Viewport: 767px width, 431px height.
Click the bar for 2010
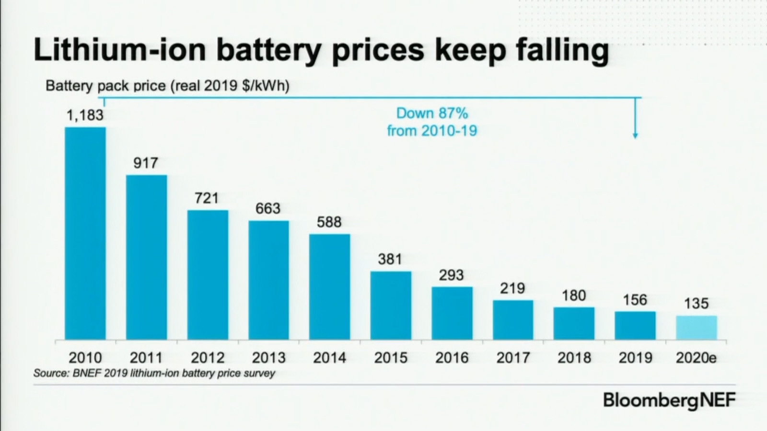click(x=85, y=233)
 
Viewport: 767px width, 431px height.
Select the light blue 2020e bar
click(x=696, y=328)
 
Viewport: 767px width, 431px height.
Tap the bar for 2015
click(x=391, y=306)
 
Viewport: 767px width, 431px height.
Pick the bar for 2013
click(x=268, y=280)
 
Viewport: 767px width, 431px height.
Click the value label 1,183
click(x=85, y=115)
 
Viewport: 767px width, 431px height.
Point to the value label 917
click(x=146, y=163)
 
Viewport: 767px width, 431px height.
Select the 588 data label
click(x=329, y=222)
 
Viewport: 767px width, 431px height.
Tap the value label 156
click(x=635, y=300)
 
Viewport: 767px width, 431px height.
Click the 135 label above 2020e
click(x=696, y=304)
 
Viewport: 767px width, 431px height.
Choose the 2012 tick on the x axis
click(x=208, y=358)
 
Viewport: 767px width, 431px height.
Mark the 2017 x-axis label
click(x=513, y=358)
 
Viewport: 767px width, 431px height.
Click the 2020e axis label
click(x=696, y=358)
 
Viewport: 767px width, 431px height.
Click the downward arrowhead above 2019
click(x=635, y=136)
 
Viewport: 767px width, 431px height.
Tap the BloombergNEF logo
click(x=669, y=400)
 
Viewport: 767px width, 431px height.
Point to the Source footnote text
click(x=154, y=373)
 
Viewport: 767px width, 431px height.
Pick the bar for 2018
click(x=574, y=323)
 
